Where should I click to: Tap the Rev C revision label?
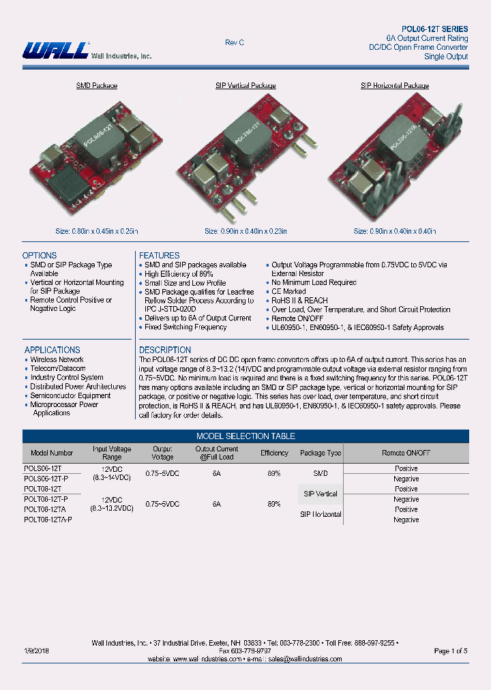(x=235, y=43)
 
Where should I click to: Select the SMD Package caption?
(x=96, y=86)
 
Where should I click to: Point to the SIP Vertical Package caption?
(x=245, y=86)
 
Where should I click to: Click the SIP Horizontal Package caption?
(x=394, y=86)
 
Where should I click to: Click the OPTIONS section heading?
(x=40, y=256)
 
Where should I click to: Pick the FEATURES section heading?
(x=160, y=256)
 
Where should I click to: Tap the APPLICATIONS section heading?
(x=52, y=350)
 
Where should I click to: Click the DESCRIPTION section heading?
(x=165, y=350)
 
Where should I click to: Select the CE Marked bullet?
(x=288, y=291)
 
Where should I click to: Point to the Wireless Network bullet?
(x=57, y=359)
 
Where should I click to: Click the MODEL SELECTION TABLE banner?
(x=245, y=436)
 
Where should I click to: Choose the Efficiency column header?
(x=274, y=453)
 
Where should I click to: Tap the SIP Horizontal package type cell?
(x=321, y=514)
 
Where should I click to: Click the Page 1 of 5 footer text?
(x=450, y=650)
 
